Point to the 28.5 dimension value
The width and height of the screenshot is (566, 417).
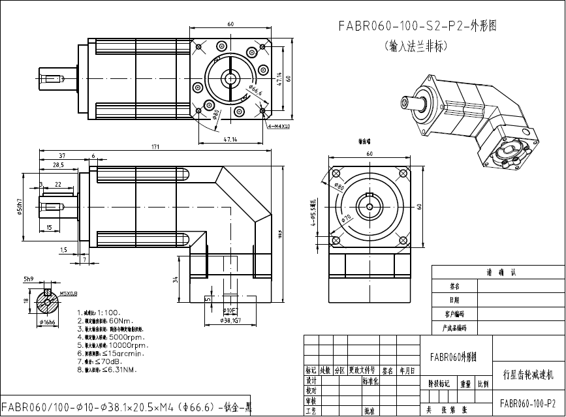(58, 165)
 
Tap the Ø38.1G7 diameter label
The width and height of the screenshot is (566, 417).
(231, 320)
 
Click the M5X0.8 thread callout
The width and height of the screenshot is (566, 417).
(69, 293)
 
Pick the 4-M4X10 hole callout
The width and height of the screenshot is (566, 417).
(279, 126)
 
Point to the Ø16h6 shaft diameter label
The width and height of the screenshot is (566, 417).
(48, 322)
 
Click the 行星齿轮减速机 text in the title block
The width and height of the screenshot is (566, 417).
(528, 375)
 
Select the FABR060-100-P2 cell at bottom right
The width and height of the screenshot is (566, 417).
(527, 403)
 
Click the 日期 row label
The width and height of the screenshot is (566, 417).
(454, 300)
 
